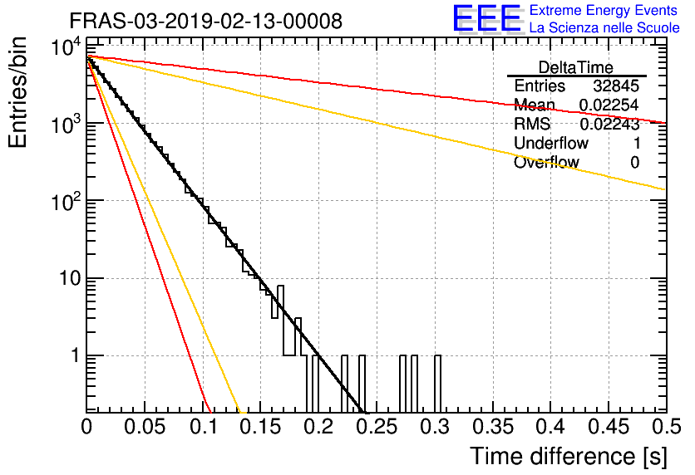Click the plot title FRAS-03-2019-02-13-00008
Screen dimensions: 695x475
pos(205,21)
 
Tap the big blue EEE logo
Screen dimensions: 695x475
pos(487,18)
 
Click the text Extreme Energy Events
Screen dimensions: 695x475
pos(604,10)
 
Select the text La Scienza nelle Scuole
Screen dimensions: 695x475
pos(604,28)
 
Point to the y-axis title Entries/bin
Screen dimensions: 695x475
pos(17,92)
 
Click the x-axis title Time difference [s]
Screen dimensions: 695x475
pos(569,456)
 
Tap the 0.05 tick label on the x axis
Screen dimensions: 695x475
pos(145,427)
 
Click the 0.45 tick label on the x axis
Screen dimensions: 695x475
pos(609,427)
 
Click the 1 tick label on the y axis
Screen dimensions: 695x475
pos(76,356)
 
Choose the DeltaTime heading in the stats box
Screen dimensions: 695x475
pos(576,67)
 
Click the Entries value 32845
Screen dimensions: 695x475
pos(616,86)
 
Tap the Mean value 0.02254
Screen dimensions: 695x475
pos(609,105)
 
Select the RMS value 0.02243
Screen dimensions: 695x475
pos(609,124)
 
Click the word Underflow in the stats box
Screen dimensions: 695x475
pos(551,143)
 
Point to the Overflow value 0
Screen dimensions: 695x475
pos(634,163)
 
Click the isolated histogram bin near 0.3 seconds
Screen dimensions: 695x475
pos(437,384)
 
